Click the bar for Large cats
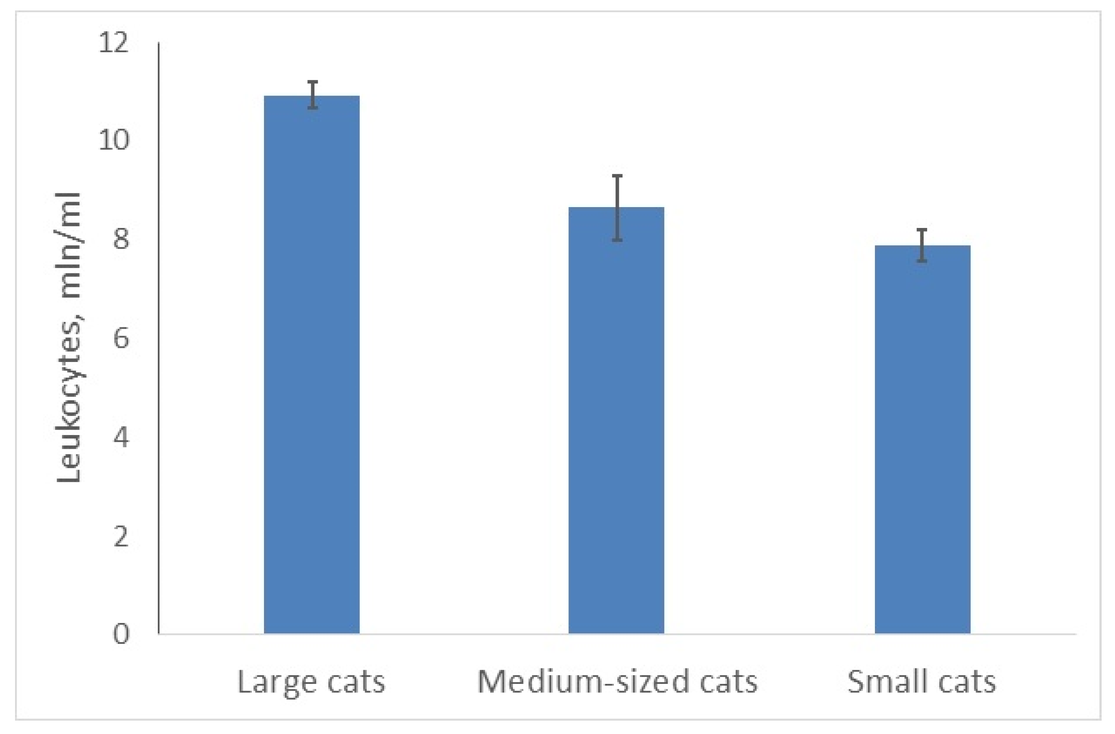[312, 365]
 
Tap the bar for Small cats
[922, 440]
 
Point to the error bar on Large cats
[312, 95]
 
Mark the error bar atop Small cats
[922, 245]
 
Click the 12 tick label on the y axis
[113, 43]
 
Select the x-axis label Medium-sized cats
[617, 681]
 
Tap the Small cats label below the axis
[922, 681]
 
